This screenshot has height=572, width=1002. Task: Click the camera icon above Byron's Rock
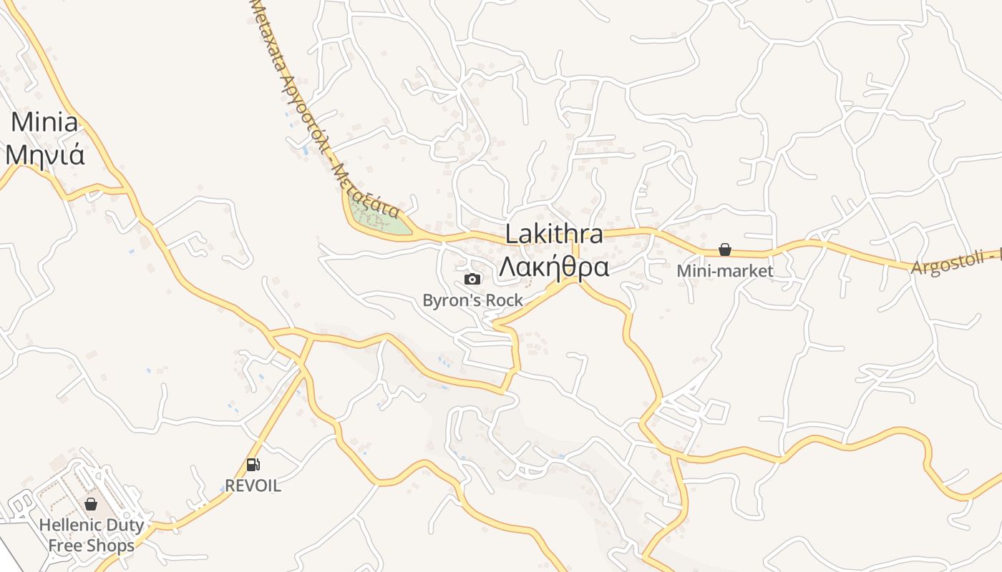click(x=472, y=279)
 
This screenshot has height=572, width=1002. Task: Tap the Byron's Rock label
click(x=473, y=300)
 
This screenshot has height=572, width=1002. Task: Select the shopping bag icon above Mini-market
click(x=725, y=250)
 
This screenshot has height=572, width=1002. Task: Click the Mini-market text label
click(x=725, y=271)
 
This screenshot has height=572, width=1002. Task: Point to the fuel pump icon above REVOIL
click(x=253, y=465)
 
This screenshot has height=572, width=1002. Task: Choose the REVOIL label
click(x=253, y=485)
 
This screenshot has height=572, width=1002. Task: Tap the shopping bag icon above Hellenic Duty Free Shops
click(x=91, y=504)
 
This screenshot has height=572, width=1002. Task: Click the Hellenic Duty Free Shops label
click(x=91, y=535)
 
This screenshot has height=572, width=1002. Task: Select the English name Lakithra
click(x=554, y=234)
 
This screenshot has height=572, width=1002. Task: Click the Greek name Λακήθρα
click(x=554, y=267)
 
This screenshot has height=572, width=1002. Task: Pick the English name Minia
click(x=44, y=122)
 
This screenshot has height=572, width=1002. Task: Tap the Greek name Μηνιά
click(x=44, y=154)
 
